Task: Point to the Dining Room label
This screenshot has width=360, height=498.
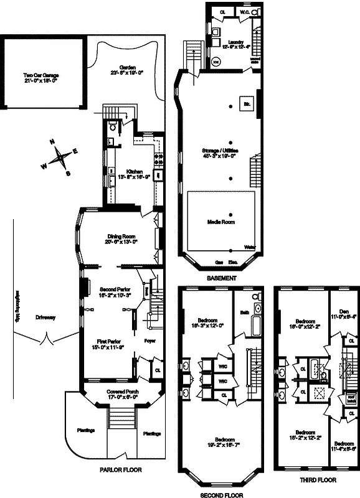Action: [121, 236]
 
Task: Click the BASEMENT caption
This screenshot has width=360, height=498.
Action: [221, 278]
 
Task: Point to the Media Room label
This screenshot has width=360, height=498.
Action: [221, 222]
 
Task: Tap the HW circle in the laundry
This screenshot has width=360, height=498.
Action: [216, 62]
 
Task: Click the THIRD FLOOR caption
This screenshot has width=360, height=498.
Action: [318, 480]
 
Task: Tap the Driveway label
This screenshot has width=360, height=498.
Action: [45, 317]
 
